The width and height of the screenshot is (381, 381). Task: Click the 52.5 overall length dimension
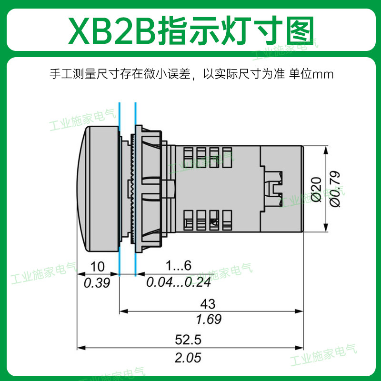point(188,340)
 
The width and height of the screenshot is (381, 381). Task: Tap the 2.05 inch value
point(188,358)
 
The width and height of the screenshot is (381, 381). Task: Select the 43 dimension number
point(208,304)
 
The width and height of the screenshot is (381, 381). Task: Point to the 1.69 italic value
point(209,319)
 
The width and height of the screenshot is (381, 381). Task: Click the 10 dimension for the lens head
point(98,267)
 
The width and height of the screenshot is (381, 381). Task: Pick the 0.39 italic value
point(97,283)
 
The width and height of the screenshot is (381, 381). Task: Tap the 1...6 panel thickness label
point(179,265)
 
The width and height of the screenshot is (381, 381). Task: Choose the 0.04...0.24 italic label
point(179,282)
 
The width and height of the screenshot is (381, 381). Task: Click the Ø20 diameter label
point(316,190)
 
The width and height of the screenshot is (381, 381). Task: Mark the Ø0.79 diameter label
point(335,189)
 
